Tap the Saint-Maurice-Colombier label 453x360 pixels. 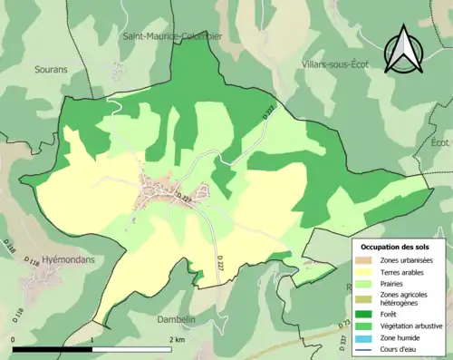pyautogui.click(x=172, y=36)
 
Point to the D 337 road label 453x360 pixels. pyautogui.click(x=343, y=342)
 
